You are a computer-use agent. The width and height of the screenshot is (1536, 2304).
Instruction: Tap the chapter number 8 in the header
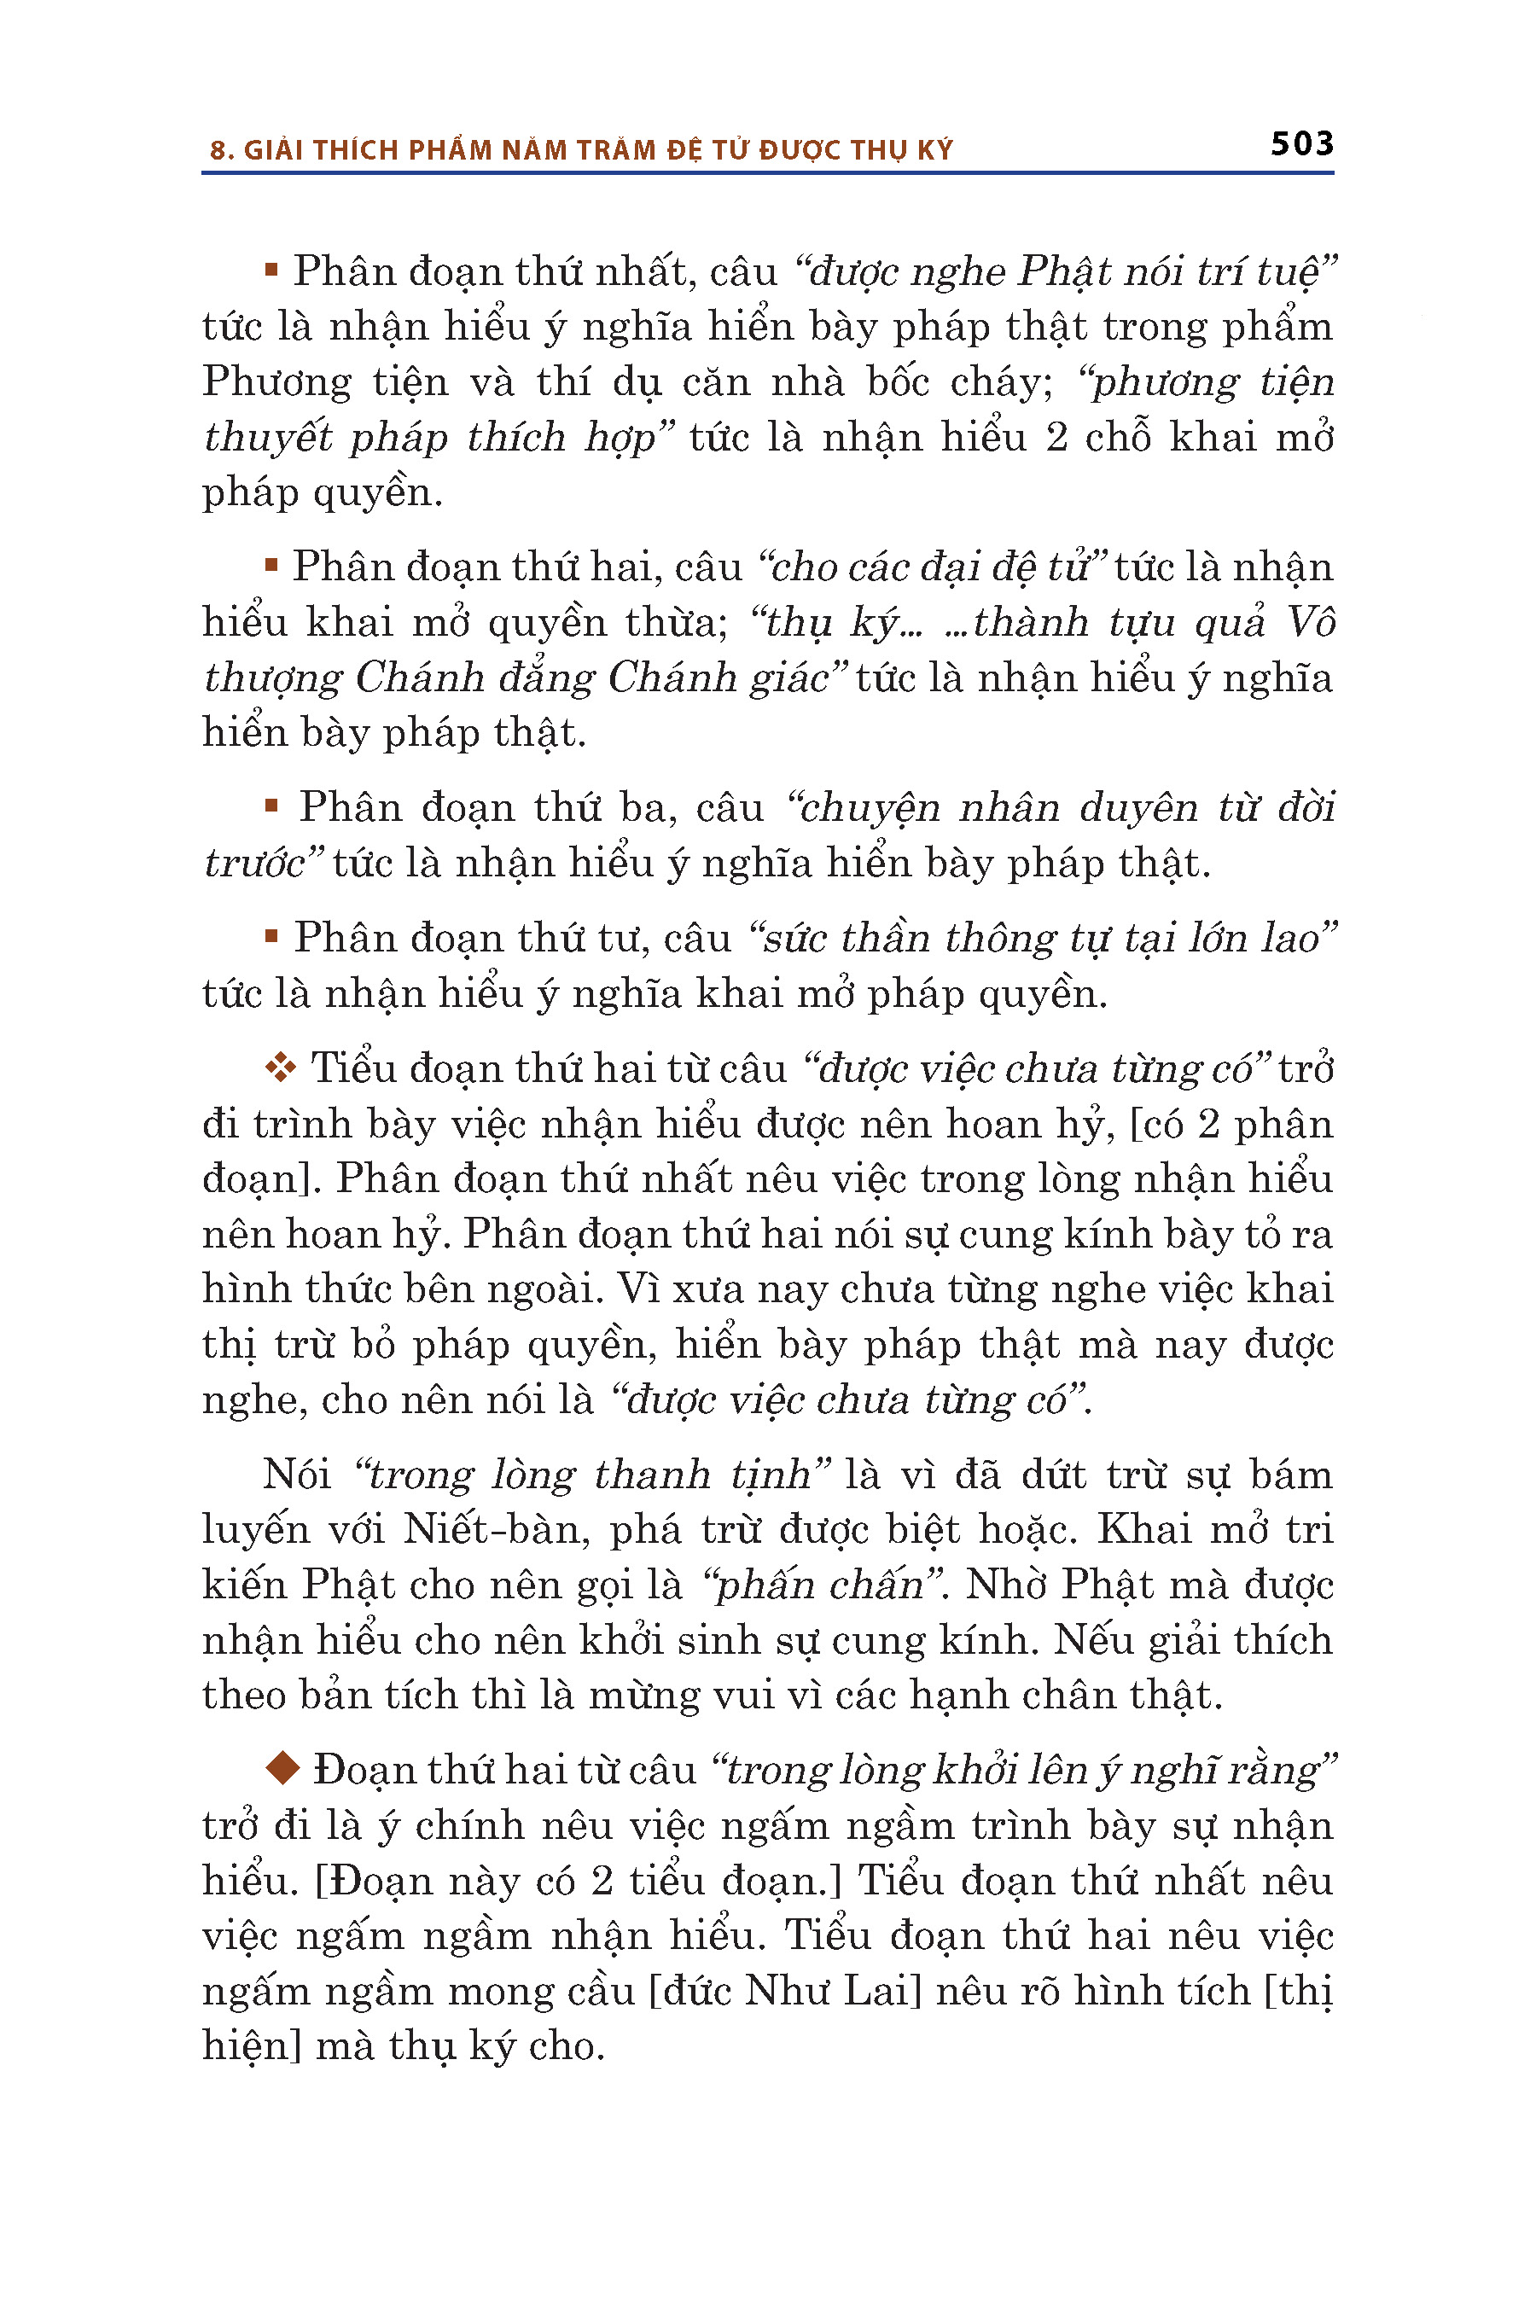point(218,151)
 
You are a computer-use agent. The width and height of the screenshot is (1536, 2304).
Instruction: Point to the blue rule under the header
point(767,173)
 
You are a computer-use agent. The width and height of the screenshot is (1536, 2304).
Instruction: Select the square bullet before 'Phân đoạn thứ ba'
point(271,806)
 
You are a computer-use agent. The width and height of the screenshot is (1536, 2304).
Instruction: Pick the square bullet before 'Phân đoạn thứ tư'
point(271,936)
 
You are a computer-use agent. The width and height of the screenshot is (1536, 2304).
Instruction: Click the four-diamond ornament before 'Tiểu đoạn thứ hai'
point(280,1067)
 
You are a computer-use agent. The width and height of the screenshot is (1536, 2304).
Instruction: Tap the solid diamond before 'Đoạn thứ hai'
point(282,1768)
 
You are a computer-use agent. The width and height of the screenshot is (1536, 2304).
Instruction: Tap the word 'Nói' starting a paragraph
point(296,1474)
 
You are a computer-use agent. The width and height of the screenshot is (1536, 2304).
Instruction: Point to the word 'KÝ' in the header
point(934,151)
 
